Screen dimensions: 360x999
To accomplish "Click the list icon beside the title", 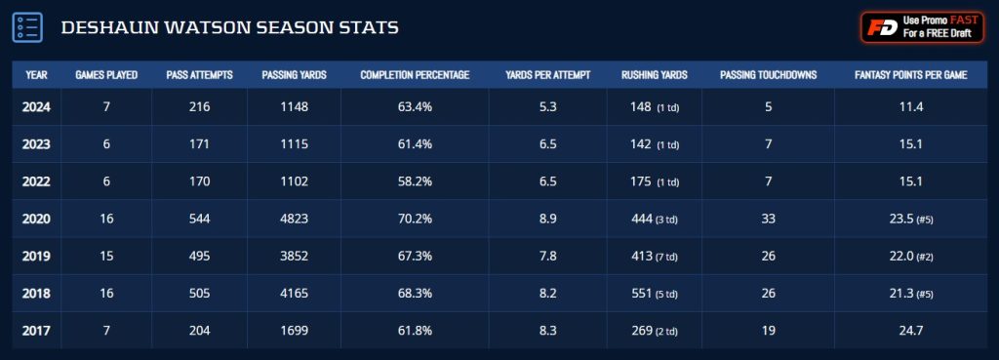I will [x=26, y=27].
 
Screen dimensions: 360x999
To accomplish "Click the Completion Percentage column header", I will [x=415, y=75].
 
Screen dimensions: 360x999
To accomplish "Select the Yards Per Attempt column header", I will [x=547, y=75].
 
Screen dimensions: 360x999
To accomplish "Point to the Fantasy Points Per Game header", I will [x=910, y=75].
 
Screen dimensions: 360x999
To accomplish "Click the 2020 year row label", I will [x=36, y=220].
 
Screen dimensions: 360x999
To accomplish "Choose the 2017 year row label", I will [x=36, y=331].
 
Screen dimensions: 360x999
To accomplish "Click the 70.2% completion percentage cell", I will [x=415, y=220].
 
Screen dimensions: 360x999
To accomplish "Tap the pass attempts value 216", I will [x=200, y=106].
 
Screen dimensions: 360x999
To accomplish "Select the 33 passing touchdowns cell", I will [x=768, y=220].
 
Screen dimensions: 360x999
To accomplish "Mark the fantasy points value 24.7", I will [x=910, y=331].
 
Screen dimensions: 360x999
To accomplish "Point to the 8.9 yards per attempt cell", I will [x=547, y=220].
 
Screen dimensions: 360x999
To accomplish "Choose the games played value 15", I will [x=106, y=257].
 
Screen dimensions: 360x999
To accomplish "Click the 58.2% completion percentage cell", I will [x=415, y=180].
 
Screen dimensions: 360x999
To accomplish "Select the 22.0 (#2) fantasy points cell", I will [x=910, y=257].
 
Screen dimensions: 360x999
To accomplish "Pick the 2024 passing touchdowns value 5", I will [x=768, y=106].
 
